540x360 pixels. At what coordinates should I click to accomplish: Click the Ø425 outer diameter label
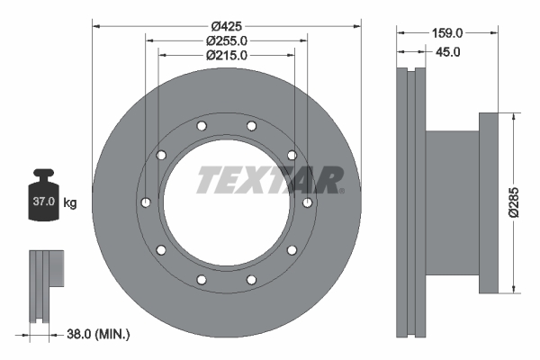(226, 25)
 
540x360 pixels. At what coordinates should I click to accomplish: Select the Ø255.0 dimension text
(226, 40)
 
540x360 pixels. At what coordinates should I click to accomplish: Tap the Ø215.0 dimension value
(226, 55)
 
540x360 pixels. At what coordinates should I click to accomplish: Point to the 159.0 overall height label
(446, 32)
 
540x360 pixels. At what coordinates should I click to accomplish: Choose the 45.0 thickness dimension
(447, 52)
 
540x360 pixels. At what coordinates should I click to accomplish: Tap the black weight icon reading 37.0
(43, 195)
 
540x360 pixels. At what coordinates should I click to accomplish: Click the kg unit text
(70, 203)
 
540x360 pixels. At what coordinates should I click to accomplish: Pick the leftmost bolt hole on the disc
(144, 202)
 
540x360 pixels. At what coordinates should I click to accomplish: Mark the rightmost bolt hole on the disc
(308, 202)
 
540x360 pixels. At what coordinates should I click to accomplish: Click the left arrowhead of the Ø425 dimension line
(96, 25)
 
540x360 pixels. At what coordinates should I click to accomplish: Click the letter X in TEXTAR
(256, 180)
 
